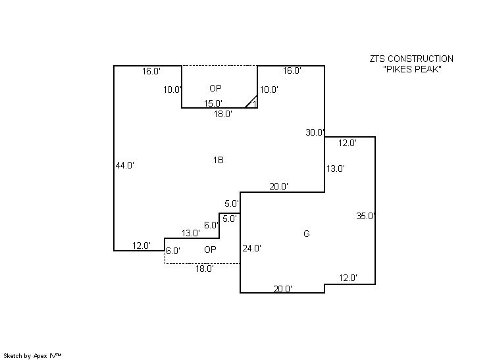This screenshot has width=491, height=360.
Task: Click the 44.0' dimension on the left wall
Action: (124, 166)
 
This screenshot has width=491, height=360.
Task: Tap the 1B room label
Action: (219, 160)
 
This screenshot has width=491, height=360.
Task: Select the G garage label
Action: (306, 234)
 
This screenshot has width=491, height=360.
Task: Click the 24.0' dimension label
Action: (251, 249)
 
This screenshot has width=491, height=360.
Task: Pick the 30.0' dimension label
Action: (315, 132)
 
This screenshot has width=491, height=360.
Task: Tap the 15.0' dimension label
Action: (213, 103)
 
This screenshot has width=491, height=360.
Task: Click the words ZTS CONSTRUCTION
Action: (411, 59)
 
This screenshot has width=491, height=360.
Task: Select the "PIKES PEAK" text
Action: (411, 70)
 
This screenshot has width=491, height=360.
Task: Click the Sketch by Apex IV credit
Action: (32, 355)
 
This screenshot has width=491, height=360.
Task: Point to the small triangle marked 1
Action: (252, 103)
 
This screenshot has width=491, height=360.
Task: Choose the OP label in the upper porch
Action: (215, 88)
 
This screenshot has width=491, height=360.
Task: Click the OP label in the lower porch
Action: (210, 249)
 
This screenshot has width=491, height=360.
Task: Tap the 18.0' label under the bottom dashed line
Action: (204, 269)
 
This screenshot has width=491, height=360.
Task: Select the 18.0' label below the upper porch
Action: (222, 114)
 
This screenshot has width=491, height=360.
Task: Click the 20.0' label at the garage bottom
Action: (283, 289)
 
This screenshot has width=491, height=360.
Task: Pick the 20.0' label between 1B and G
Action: (278, 186)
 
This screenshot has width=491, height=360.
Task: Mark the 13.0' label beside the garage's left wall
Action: (335, 168)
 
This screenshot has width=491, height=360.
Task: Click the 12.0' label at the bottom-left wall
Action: (141, 245)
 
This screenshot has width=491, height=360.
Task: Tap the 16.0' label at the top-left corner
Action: (151, 71)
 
